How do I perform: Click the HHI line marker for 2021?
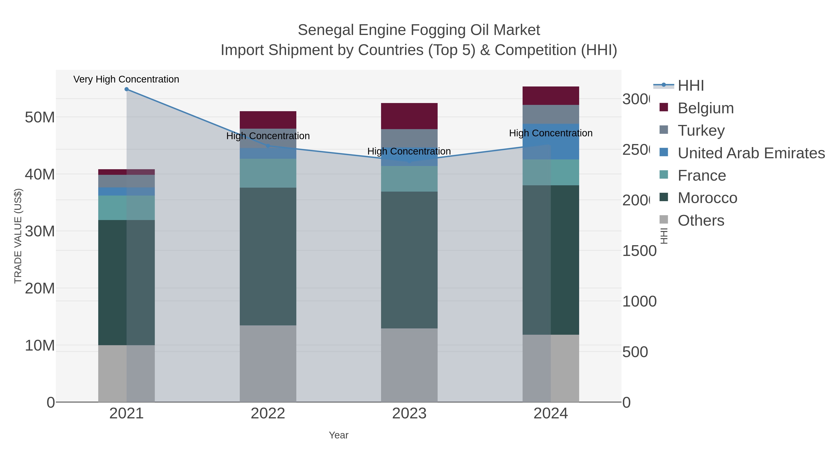(x=127, y=89)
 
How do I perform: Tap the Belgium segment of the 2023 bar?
(x=409, y=116)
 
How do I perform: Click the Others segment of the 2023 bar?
(x=409, y=365)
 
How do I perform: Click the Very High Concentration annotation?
(x=126, y=79)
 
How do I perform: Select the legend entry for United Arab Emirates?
(x=751, y=153)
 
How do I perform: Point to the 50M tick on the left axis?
(x=40, y=117)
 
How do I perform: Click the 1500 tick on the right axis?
(x=639, y=251)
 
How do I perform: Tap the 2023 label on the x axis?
(x=409, y=413)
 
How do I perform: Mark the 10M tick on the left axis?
(x=40, y=345)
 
